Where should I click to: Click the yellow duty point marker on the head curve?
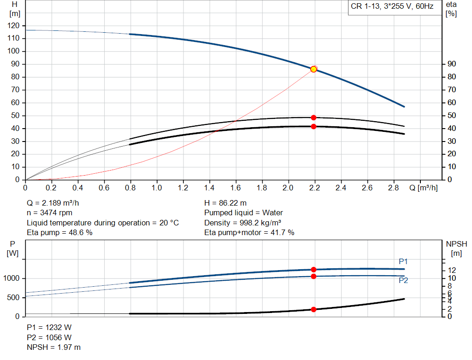(313, 69)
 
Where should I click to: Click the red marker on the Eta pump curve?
(313, 118)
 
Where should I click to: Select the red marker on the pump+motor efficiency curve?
(313, 126)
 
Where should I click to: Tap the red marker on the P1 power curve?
(313, 270)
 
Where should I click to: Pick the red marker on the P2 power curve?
(313, 276)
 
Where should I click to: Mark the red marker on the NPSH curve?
(313, 309)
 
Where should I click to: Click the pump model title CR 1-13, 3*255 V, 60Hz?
(392, 7)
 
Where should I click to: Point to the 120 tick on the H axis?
(14, 25)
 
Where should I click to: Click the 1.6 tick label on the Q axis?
(236, 188)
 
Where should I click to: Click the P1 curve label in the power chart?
(403, 261)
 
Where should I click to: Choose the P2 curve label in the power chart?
(403, 280)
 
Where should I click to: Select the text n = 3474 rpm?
(49, 212)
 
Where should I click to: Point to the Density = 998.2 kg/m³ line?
(242, 223)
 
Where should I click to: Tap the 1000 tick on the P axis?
(12, 278)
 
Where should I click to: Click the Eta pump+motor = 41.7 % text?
(249, 233)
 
